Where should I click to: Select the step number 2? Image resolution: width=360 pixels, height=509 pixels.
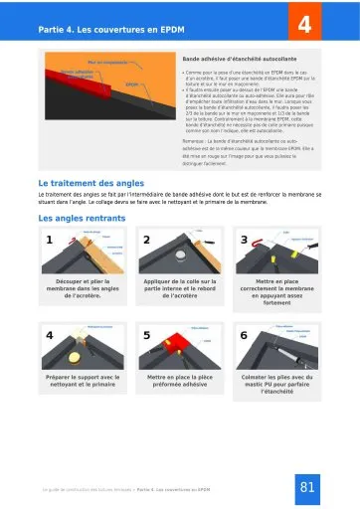[x=147, y=240]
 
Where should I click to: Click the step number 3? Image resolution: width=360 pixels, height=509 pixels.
[x=245, y=240]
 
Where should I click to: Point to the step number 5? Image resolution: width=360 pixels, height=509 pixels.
[x=147, y=335]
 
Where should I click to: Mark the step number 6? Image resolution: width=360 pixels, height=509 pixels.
[x=245, y=335]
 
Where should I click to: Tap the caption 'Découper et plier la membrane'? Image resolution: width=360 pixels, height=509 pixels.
[x=83, y=289]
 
